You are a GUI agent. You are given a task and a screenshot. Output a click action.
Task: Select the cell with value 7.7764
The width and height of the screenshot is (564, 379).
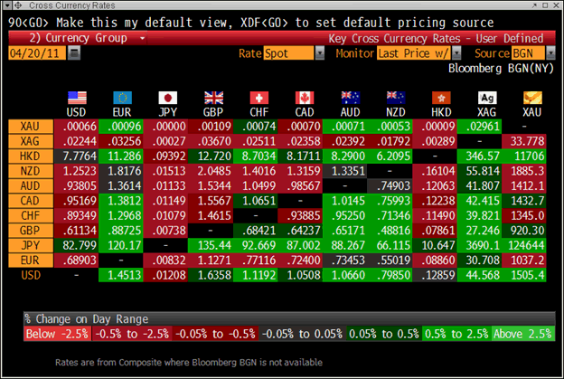75,156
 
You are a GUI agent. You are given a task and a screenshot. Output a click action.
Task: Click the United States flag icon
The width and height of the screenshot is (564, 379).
76,98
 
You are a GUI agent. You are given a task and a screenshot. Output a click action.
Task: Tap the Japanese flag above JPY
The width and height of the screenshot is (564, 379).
168,98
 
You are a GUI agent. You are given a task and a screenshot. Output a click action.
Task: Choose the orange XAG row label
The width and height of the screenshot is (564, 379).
28,140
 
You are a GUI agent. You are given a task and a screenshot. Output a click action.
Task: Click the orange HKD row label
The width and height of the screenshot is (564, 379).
28,156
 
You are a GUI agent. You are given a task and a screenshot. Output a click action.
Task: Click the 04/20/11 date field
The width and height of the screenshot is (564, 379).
35,53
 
